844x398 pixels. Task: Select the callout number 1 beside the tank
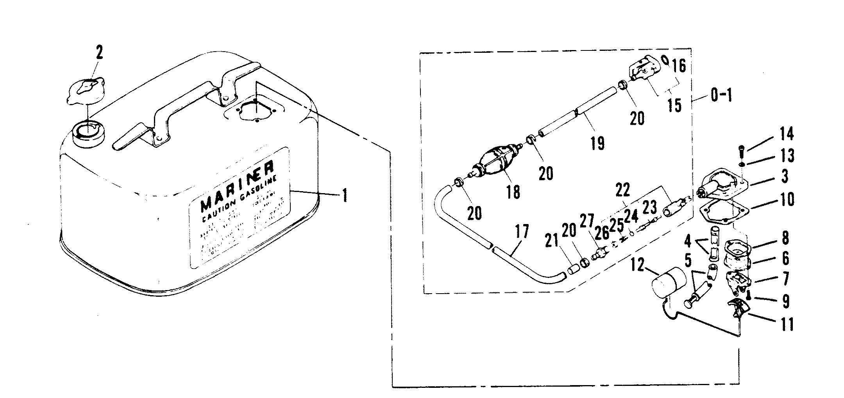pos(344,194)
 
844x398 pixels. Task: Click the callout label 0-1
pos(721,95)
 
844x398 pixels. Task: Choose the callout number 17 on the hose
pos(522,231)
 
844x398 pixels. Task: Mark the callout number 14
pos(787,134)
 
